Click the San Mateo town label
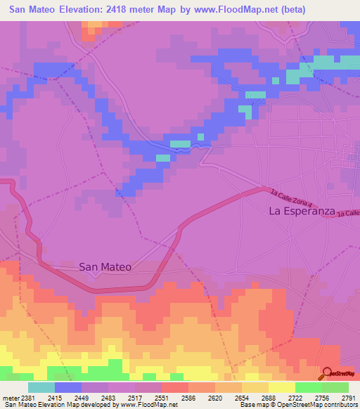click(105, 266)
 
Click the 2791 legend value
click(349, 397)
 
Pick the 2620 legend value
click(215, 397)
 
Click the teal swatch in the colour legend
click(41, 387)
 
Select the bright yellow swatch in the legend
click(282, 387)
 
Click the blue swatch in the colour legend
click(68, 387)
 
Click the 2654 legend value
click(242, 397)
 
